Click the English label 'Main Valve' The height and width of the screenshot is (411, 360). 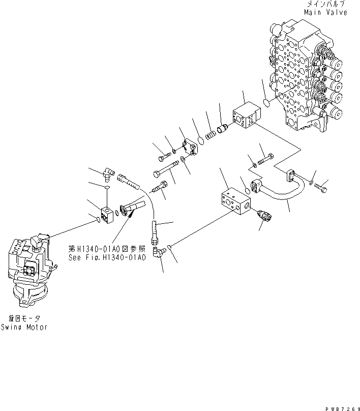point(326,12)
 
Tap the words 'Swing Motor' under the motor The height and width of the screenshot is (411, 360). point(24,327)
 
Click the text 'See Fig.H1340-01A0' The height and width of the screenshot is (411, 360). point(107,257)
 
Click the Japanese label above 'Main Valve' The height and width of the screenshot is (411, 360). point(326,4)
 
